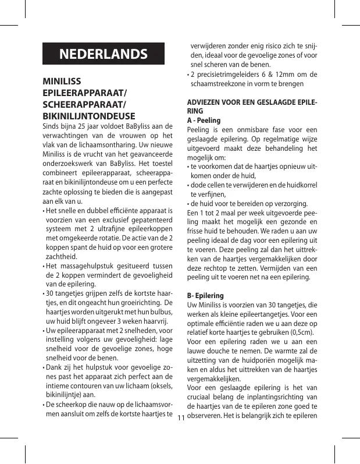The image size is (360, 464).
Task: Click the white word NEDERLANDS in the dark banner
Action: click(x=104, y=54)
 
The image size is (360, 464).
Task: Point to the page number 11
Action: click(x=180, y=418)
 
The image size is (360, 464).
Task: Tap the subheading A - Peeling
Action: click(x=204, y=120)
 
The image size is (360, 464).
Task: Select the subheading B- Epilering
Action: click(x=207, y=295)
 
